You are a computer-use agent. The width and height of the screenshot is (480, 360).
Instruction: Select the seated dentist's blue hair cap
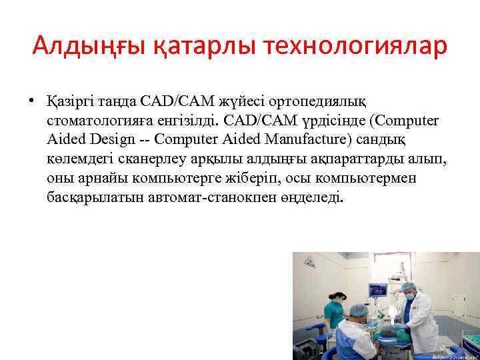[x=360, y=310]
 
